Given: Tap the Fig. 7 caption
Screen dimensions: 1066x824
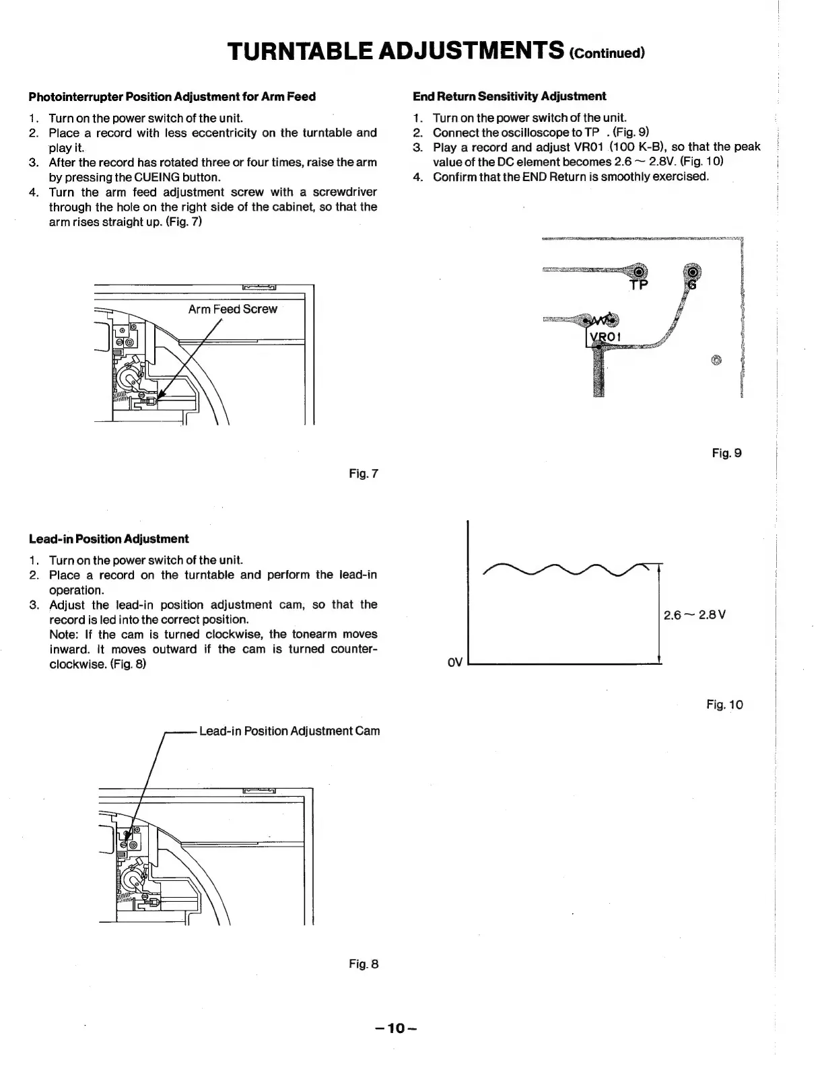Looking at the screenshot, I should pyautogui.click(x=364, y=474).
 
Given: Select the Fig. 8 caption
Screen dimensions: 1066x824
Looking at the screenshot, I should pyautogui.click(x=364, y=964).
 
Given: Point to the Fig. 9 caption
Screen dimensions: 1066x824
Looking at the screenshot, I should pyautogui.click(x=726, y=453).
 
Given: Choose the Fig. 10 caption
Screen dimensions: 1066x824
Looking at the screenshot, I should pyautogui.click(x=724, y=705).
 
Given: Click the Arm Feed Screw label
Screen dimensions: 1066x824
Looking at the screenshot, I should pyautogui.click(x=232, y=309).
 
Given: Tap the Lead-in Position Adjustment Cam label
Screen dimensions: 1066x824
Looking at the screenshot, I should pyautogui.click(x=289, y=731).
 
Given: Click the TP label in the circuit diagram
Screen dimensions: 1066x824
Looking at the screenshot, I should pyautogui.click(x=638, y=285).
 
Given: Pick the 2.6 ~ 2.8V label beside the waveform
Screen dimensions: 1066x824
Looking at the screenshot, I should pyautogui.click(x=694, y=615).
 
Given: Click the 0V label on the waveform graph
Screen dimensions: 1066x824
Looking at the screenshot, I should pyautogui.click(x=455, y=663).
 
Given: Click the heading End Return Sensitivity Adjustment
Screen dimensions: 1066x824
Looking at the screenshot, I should pyautogui.click(x=509, y=96).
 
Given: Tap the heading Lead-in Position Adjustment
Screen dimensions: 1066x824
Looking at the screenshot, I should pyautogui.click(x=108, y=538).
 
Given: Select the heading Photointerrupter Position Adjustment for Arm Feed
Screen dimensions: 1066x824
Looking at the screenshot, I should pyautogui.click(x=172, y=96).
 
